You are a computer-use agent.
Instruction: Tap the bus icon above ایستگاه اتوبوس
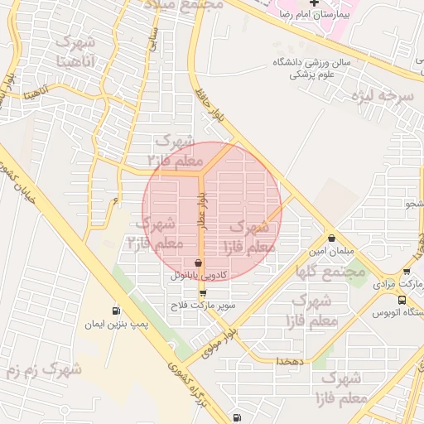pos(402,300)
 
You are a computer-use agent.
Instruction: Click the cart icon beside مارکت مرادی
pos(407,272)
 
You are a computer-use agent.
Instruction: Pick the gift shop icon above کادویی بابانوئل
pos(197,263)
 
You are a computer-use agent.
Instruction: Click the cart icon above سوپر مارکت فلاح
pos(202,293)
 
